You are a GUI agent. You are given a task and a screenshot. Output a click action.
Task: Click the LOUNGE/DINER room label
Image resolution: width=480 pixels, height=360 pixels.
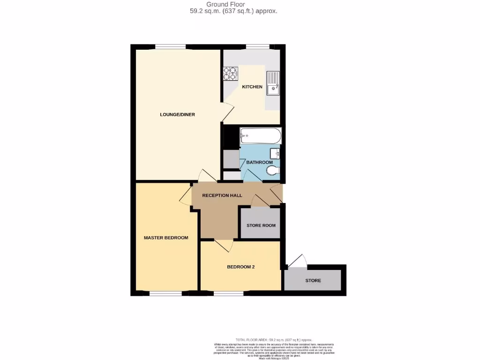(177, 114)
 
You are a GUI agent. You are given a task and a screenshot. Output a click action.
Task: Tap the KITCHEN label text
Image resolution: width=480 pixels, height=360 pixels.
(252, 87)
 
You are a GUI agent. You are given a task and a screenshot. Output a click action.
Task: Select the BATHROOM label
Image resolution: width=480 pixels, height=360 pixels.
(259, 163)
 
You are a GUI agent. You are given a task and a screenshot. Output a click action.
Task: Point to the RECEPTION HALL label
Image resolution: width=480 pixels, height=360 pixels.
(222, 195)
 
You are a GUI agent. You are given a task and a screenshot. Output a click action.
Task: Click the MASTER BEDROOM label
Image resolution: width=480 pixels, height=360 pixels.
(166, 238)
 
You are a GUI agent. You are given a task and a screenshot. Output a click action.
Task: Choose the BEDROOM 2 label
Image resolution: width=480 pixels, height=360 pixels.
(240, 267)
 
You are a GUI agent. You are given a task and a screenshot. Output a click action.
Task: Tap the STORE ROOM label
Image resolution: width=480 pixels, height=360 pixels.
(261, 225)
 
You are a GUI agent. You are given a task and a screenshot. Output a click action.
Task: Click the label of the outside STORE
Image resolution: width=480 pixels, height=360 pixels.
(313, 281)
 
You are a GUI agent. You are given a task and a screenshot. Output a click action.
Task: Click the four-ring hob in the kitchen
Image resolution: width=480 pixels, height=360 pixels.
(230, 74)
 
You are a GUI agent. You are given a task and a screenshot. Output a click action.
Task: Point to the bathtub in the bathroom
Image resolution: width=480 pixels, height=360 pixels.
(260, 136)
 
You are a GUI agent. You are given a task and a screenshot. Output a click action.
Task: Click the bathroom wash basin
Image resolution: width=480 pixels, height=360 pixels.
(276, 153)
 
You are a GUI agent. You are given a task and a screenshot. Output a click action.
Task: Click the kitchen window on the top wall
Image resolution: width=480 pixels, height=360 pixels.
(257, 46)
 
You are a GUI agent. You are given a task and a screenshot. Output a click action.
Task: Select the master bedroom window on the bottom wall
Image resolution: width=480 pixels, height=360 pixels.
(165, 294)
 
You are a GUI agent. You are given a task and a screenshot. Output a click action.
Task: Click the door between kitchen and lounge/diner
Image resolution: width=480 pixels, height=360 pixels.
(226, 112)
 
